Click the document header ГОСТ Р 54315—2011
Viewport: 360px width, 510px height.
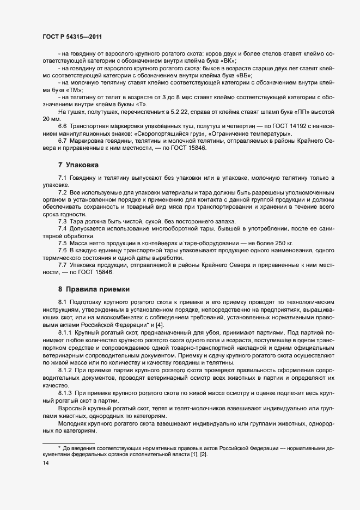coord(72,37)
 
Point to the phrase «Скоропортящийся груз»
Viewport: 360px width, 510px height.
coord(160,133)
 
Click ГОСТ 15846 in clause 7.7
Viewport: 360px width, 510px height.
coord(94,271)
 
